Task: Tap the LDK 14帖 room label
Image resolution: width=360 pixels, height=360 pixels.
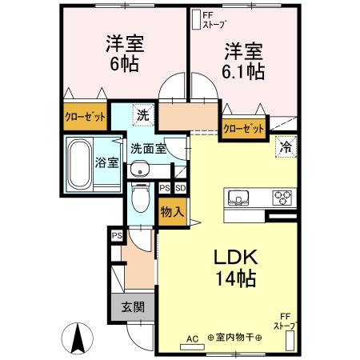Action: coord(234,268)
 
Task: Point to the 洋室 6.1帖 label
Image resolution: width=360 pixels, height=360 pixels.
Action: coord(244,61)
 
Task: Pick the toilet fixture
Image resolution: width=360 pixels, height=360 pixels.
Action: coord(142,198)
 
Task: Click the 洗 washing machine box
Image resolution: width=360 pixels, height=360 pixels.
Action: coord(142,114)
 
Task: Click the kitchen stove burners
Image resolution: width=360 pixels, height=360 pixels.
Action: coord(284,196)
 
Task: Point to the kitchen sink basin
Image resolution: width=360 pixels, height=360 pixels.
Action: coord(241,197)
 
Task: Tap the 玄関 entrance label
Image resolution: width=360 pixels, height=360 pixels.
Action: coord(132,307)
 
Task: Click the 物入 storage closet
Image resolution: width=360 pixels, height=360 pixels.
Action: coord(172,212)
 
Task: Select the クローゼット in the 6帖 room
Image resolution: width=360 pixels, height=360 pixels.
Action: coord(86,115)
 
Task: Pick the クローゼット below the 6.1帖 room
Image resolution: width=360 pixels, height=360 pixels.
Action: coord(243,126)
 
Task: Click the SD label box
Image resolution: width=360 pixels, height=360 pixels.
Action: coord(181,188)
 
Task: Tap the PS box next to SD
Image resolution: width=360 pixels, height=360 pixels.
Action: coord(165,188)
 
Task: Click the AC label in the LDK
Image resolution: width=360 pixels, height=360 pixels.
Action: coord(191,338)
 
